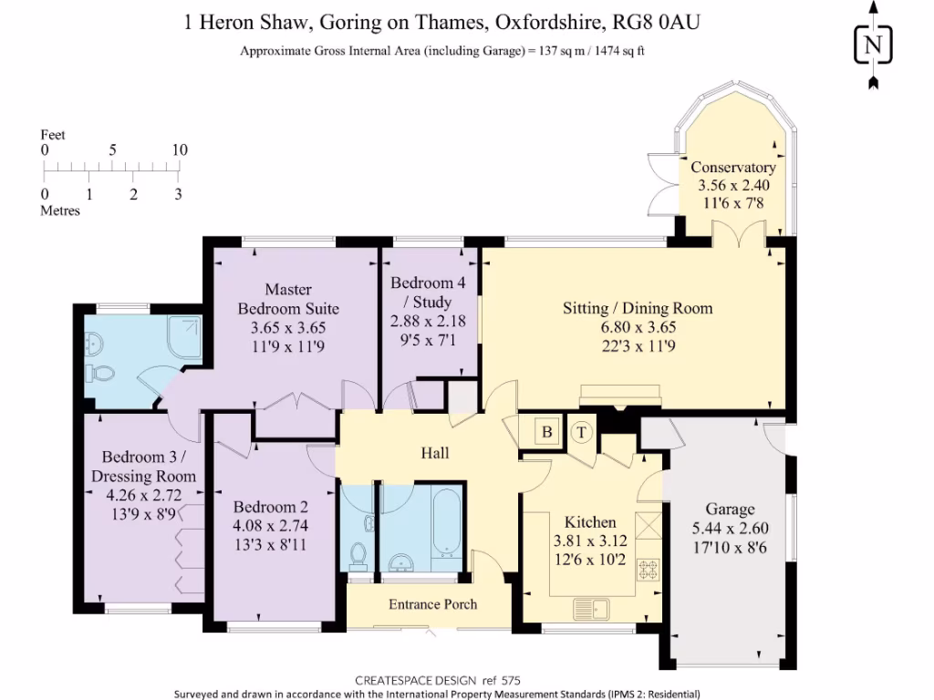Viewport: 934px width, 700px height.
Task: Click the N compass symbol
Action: (873, 45)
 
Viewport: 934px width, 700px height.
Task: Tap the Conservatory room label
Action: (733, 168)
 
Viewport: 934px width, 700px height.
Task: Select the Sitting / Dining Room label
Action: (638, 308)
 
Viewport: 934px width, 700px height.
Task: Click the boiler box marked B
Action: (547, 431)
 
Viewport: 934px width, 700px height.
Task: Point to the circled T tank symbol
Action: (581, 432)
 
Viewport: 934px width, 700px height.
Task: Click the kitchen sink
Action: (591, 609)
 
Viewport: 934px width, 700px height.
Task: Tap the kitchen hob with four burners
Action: (649, 570)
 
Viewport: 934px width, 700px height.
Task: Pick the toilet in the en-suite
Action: (99, 373)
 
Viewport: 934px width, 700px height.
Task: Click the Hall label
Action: (435, 453)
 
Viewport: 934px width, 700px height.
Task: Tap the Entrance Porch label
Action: (433, 604)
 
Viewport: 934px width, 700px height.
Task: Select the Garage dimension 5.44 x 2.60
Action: (731, 528)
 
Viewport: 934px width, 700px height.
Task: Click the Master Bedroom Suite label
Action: (288, 299)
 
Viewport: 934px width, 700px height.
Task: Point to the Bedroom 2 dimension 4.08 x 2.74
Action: (270, 526)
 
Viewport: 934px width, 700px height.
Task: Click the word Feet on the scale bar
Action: (53, 135)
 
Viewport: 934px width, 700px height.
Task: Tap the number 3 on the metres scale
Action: (178, 194)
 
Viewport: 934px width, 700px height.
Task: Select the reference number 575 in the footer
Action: (511, 680)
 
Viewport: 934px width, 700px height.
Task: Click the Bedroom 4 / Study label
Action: (428, 292)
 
